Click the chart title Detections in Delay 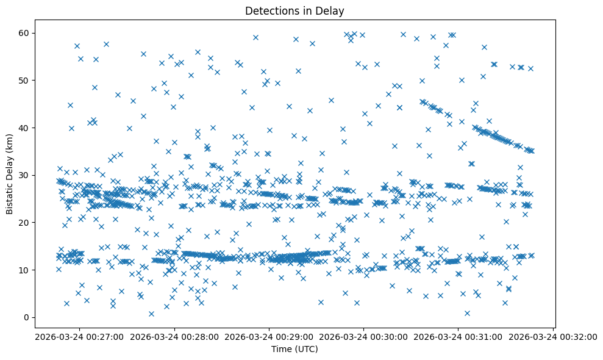[x=294, y=10]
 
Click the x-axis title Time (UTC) [x=294, y=350]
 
